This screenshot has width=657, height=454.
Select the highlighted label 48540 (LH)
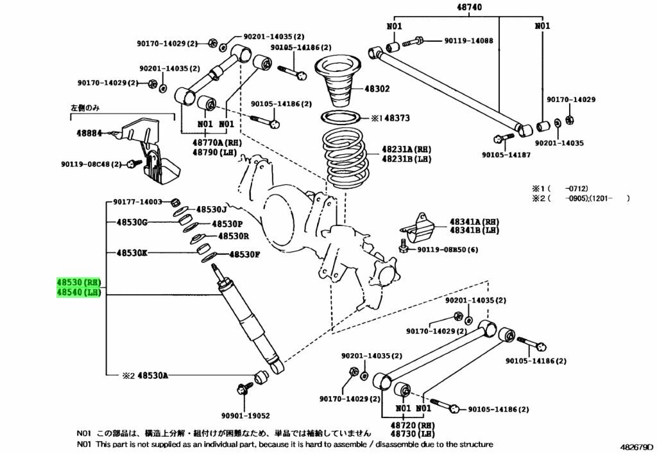click(78, 293)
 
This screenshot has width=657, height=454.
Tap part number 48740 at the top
click(470, 8)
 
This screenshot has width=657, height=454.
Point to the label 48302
click(377, 89)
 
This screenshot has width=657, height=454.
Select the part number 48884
click(90, 134)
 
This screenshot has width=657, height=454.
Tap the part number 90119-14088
click(468, 40)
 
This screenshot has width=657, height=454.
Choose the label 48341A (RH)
click(474, 221)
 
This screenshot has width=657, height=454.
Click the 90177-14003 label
click(138, 201)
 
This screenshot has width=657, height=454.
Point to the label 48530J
click(212, 209)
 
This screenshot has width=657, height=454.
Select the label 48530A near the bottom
click(153, 375)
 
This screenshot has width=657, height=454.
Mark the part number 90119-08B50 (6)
click(447, 250)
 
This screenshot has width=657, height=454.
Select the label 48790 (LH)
click(213, 152)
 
